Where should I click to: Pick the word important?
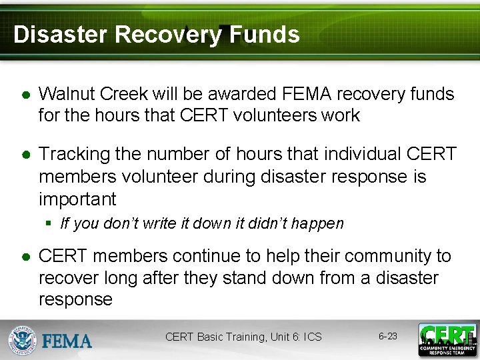tap(77, 199)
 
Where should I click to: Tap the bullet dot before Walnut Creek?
tap(25, 95)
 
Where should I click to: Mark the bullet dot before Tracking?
tap(25, 155)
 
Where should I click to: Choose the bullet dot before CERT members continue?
tap(25, 257)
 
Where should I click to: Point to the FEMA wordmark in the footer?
tap(67, 341)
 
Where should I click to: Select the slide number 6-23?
tap(387, 336)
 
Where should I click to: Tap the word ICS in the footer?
tap(312, 337)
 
